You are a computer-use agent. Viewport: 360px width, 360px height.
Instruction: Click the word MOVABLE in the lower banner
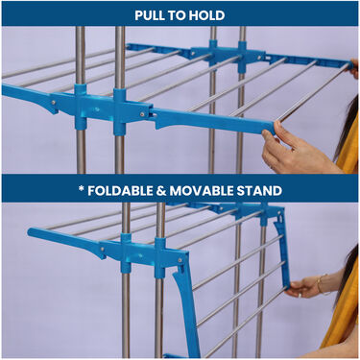click(202, 191)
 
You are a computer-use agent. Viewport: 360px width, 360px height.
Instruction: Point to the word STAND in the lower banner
click(259, 191)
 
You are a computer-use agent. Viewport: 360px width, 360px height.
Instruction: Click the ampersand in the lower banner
click(161, 191)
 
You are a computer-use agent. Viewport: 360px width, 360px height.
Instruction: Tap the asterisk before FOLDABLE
click(81, 188)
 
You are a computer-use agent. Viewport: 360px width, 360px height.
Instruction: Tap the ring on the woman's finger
click(300, 296)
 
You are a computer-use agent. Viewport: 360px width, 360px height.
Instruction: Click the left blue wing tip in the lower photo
click(31, 232)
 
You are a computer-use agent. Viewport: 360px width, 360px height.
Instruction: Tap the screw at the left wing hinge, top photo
click(53, 103)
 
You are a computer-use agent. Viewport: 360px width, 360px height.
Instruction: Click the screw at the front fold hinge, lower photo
click(180, 261)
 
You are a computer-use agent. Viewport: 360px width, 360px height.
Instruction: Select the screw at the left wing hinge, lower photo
click(102, 249)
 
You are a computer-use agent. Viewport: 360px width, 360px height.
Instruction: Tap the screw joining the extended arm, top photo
click(142, 113)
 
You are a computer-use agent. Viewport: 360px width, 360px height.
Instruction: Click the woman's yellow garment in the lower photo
click(344, 307)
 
